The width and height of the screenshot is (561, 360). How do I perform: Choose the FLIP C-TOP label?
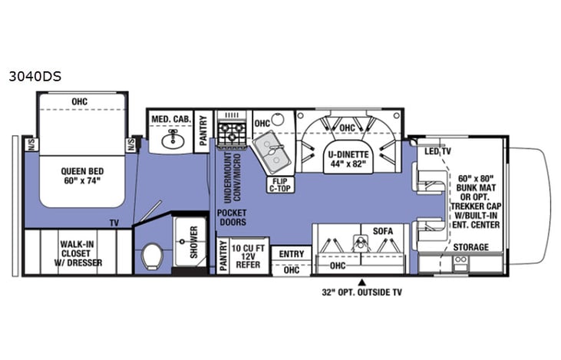278,185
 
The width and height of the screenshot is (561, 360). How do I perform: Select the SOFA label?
383,230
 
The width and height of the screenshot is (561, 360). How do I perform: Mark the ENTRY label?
292,254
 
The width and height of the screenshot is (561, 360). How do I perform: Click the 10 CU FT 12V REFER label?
245,255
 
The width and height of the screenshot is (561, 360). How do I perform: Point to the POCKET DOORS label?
231,218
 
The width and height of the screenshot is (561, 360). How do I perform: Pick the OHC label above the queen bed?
80,101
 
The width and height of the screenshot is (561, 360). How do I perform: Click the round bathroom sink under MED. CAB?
172,140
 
